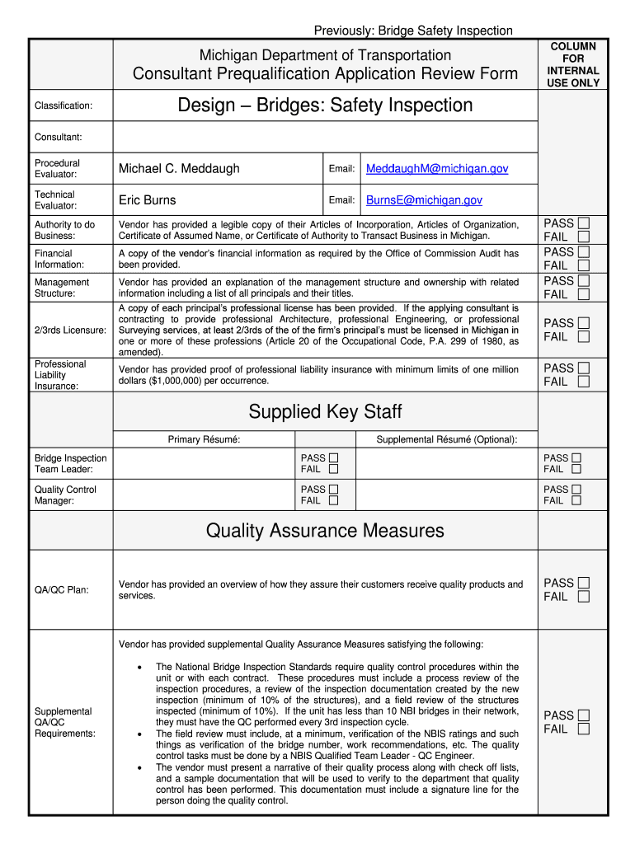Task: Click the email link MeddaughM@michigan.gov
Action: [x=437, y=169]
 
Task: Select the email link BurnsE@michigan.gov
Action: [x=424, y=200]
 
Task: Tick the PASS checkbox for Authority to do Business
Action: [x=584, y=223]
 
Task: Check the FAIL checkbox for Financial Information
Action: [x=584, y=265]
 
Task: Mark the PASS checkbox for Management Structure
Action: [x=584, y=281]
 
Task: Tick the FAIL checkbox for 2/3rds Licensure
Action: [x=584, y=336]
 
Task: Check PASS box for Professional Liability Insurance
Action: [x=584, y=368]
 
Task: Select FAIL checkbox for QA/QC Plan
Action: [x=584, y=597]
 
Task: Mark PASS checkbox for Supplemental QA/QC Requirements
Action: [x=584, y=715]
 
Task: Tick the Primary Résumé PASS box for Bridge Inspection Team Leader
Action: [x=333, y=458]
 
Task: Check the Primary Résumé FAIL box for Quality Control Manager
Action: [x=333, y=500]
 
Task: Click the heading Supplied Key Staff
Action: [x=325, y=411]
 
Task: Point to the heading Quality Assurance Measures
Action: [x=325, y=531]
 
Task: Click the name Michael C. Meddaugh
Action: [x=179, y=169]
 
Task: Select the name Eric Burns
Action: [x=147, y=200]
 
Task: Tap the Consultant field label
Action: [x=58, y=137]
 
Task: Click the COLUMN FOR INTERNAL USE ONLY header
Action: [x=573, y=65]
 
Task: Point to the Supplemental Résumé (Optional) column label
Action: [x=447, y=440]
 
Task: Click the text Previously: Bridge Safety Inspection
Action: [x=413, y=30]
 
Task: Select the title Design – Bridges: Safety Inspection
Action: [x=325, y=105]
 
